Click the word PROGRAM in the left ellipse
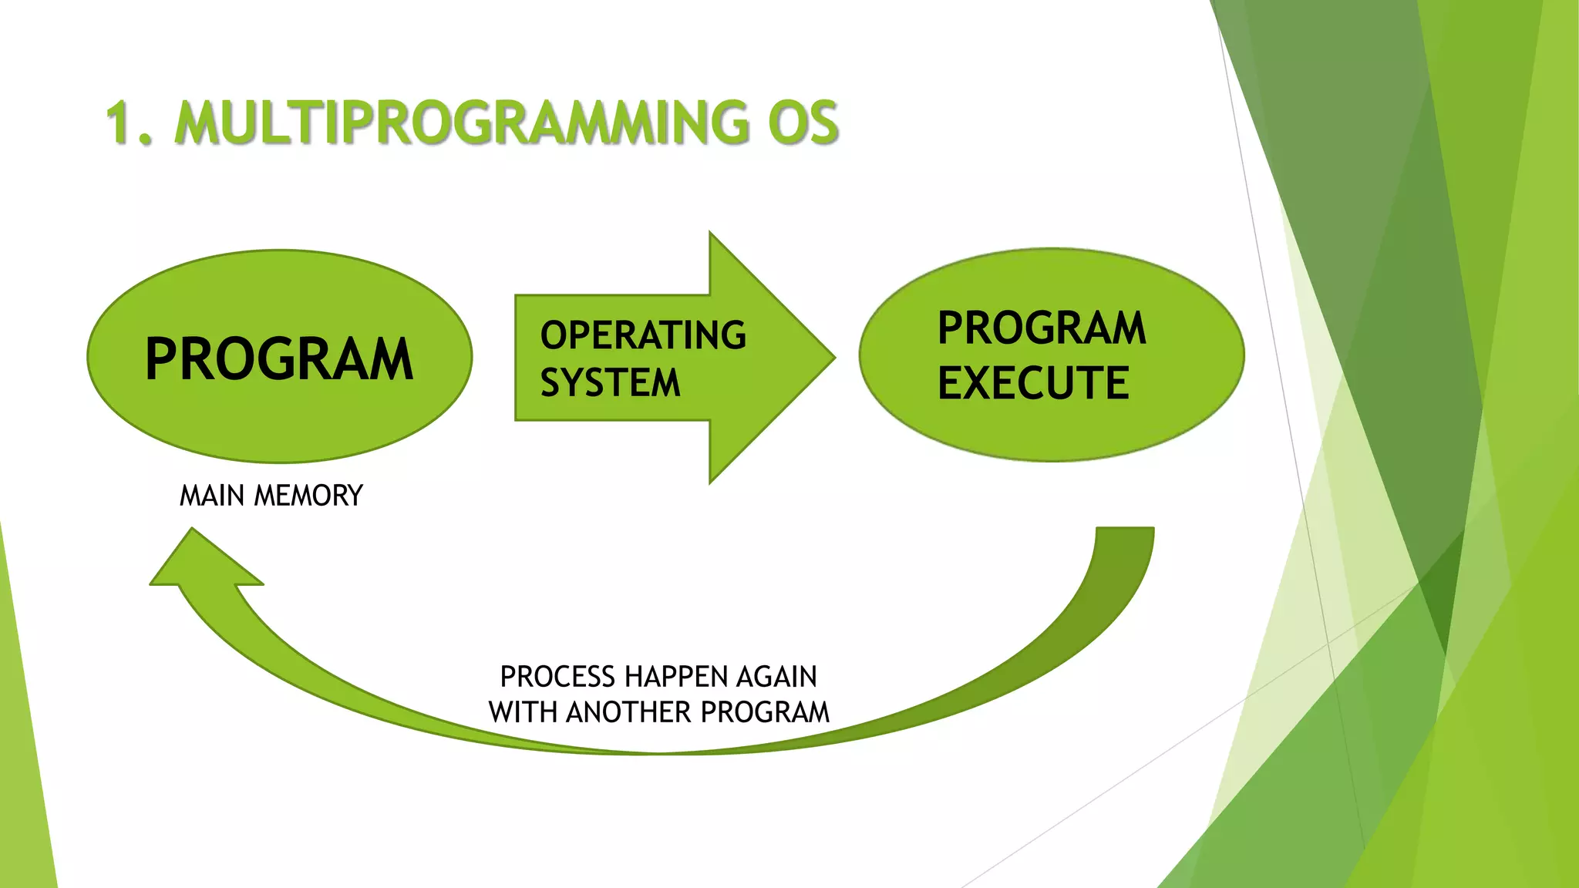[x=279, y=359]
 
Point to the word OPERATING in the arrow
[x=643, y=335]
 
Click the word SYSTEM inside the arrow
[x=610, y=383]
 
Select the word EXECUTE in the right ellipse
[x=1033, y=383]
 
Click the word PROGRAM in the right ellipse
[x=1042, y=328]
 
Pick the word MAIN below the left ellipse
[x=212, y=496]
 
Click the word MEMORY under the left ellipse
[x=308, y=496]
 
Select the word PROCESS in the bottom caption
[x=557, y=677]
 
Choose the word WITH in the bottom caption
[x=523, y=712]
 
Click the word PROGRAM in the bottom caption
[x=765, y=712]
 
